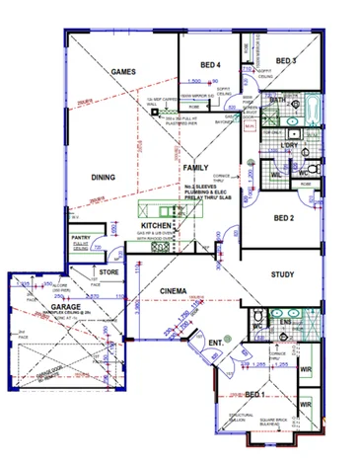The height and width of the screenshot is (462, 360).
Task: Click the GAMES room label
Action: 122,73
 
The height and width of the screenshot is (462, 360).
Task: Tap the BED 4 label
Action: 207,64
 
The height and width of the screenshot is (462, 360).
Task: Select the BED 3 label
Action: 286,60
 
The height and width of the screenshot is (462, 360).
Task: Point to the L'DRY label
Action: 289,146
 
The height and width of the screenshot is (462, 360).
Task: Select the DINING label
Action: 104,178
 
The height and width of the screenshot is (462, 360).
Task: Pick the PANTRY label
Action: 82,238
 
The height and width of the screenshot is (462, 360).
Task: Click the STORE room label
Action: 108,271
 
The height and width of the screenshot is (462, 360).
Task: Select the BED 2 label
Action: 284,218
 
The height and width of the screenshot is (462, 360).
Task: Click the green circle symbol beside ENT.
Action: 228,339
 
